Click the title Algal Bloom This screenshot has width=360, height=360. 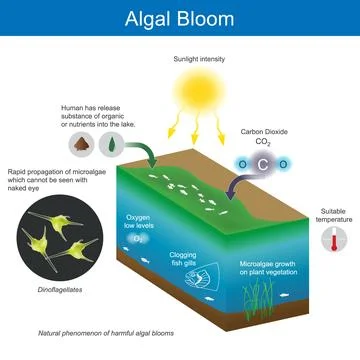[x=180, y=18]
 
